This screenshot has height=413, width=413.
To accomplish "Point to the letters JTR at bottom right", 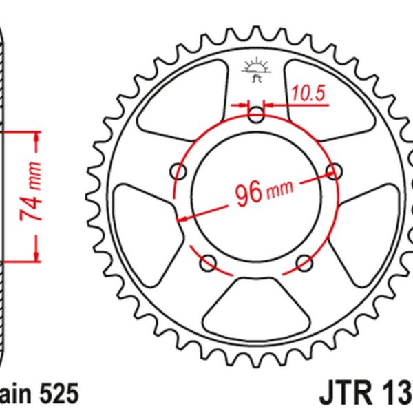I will coord(345,394).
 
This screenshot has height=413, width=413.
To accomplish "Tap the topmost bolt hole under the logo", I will coord(256,114).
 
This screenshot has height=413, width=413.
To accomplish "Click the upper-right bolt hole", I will coord(336,170).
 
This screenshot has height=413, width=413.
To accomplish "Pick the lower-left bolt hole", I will coord(208,262).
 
